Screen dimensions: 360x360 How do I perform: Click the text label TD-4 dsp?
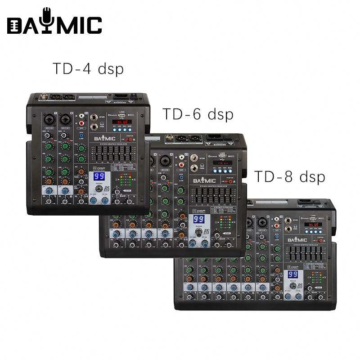[x=88, y=69]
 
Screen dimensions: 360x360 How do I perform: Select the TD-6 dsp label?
[x=198, y=114]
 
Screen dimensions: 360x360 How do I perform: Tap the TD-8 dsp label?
[x=290, y=176]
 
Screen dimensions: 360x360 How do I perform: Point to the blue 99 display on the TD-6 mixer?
[x=199, y=220]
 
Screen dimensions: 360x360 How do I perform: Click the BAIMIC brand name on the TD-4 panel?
[x=105, y=139]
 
